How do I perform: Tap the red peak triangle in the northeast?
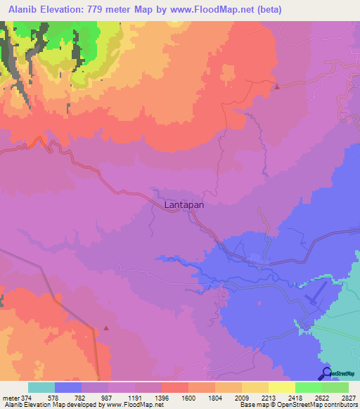pos(277,87)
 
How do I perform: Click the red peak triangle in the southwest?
pos(106,327)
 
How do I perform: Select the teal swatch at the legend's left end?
pos(41,387)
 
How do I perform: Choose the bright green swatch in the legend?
pos(309,387)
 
